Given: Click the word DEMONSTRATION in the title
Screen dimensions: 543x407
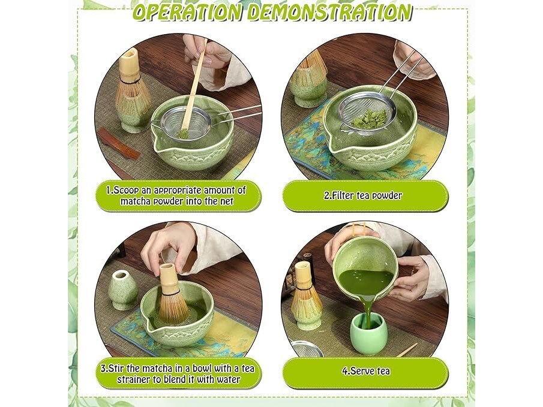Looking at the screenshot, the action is click(329, 12).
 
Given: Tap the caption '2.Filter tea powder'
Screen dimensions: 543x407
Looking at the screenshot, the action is click(363, 195).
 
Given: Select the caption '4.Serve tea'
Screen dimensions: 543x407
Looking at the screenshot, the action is click(366, 371).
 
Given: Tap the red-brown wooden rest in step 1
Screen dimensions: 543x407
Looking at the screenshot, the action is click(119, 143).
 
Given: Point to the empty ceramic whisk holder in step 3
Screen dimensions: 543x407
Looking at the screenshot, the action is click(122, 290).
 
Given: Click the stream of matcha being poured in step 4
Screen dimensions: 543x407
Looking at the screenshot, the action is click(367, 312).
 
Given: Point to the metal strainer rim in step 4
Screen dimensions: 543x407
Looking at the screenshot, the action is click(307, 348).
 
